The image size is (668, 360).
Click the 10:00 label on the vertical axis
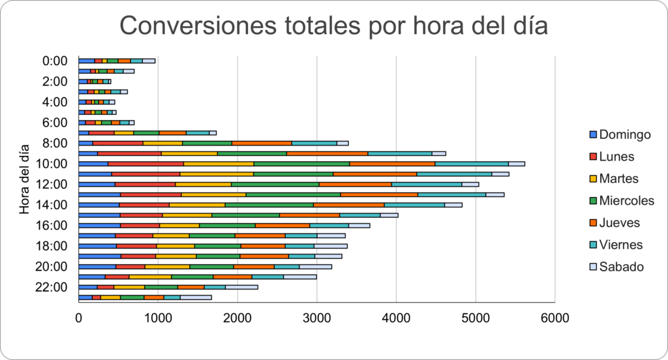pos(52,164)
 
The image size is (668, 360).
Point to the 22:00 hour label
pos(52,287)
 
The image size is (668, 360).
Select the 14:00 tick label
pos(52,205)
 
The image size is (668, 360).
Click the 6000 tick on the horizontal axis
pos(554,319)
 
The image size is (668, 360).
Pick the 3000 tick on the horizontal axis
pos(316,319)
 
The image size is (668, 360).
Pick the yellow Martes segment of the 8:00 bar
pos(162,143)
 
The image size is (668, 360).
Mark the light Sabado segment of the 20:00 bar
pos(316,266)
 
